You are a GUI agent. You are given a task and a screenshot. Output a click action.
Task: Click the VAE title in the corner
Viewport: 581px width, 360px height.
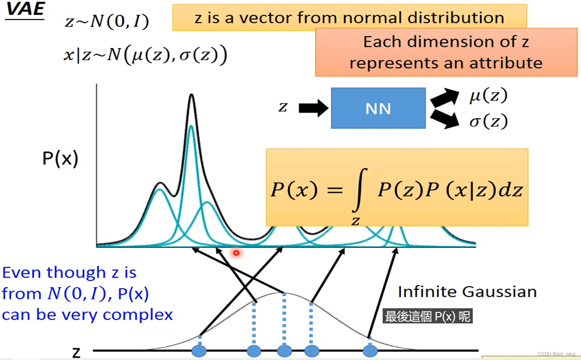pos(25,10)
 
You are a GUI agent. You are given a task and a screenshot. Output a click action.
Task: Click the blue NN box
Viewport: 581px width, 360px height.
pos(378,108)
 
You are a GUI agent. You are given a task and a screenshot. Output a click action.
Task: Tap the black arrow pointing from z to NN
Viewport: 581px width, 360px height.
pos(313,108)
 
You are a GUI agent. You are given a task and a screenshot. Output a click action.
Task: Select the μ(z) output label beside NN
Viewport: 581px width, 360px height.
pos(488,96)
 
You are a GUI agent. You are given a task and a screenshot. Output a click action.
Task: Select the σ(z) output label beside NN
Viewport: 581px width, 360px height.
pos(488,121)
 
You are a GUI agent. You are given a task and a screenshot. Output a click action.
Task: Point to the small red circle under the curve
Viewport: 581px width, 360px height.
pos(236,253)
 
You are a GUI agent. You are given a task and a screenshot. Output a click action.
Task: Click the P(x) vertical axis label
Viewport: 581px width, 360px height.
pos(60,159)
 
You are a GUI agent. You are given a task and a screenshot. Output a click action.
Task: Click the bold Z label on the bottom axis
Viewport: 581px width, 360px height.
pos(76,352)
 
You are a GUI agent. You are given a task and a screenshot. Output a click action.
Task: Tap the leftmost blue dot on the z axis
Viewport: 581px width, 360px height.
pos(199,350)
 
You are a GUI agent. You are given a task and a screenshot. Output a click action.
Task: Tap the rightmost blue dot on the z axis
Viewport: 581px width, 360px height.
pos(370,350)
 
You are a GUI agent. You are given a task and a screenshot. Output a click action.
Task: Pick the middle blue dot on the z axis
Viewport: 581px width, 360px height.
pos(284,350)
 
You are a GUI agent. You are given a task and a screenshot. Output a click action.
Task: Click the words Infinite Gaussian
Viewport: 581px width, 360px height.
pos(467,292)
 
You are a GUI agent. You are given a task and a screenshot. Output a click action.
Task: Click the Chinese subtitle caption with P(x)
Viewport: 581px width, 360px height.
pos(427,316)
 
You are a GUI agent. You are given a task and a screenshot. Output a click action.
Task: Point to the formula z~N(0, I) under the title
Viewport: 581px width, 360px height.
pos(107,21)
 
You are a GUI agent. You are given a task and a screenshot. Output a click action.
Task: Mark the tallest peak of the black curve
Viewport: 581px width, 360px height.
pos(191,95)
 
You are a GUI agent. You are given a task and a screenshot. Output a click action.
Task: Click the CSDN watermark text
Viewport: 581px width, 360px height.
pos(556,354)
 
